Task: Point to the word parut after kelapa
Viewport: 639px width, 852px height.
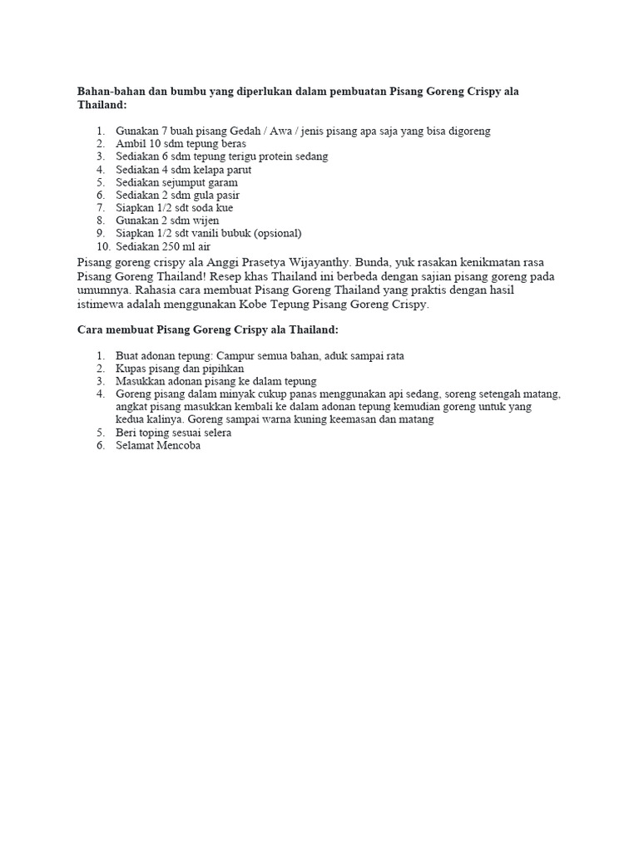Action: (x=237, y=169)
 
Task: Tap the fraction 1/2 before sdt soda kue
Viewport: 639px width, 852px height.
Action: (x=169, y=207)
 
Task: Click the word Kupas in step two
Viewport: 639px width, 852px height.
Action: (x=131, y=369)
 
